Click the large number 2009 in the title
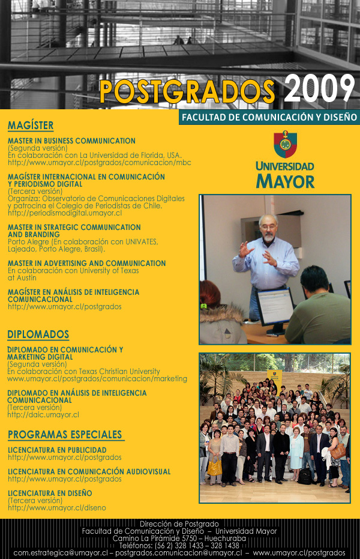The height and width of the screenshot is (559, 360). pos(319,89)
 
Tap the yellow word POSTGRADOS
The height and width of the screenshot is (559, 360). pos(187,91)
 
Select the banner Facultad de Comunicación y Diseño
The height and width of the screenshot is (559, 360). pos(269,117)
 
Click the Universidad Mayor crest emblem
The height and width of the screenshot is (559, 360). pos(285,144)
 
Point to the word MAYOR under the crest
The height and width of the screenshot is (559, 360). pos(285,181)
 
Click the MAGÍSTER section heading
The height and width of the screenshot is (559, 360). pos(31,125)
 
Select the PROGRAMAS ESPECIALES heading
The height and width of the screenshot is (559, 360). pos(65,435)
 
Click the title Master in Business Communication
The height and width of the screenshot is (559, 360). pos(71,141)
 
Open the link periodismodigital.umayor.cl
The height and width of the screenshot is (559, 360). pos(65,213)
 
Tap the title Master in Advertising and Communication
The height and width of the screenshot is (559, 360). pos(86,263)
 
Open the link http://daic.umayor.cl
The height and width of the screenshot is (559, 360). pos(43,415)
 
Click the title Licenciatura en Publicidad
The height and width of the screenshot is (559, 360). pos(57,450)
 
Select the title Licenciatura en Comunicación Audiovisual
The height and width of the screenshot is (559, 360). pos(89,472)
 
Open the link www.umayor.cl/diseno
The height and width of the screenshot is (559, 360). pos(56,508)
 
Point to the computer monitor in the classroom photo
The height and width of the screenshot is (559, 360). pos(275,306)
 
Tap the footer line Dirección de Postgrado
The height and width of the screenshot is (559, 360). pos(179,524)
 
